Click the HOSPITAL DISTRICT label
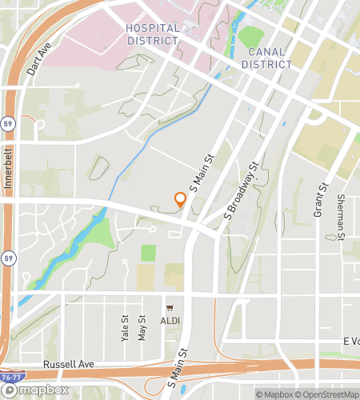point(152,34)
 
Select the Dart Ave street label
point(38,58)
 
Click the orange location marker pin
point(181,200)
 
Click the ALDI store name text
point(170,320)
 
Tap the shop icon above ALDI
point(170,308)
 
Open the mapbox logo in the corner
point(34,390)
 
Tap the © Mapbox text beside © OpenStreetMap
point(273,394)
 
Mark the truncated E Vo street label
point(350,341)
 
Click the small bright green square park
point(148,253)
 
